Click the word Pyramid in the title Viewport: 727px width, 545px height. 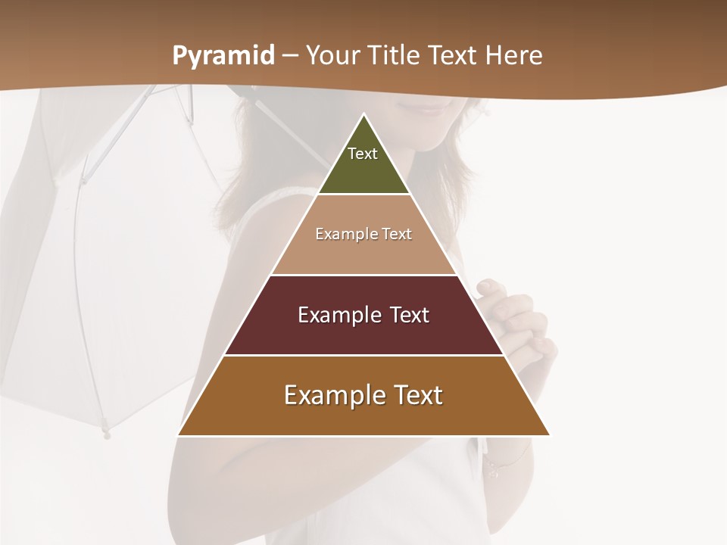223,56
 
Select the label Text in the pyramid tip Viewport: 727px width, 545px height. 363,154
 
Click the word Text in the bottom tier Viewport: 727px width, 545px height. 414,395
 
